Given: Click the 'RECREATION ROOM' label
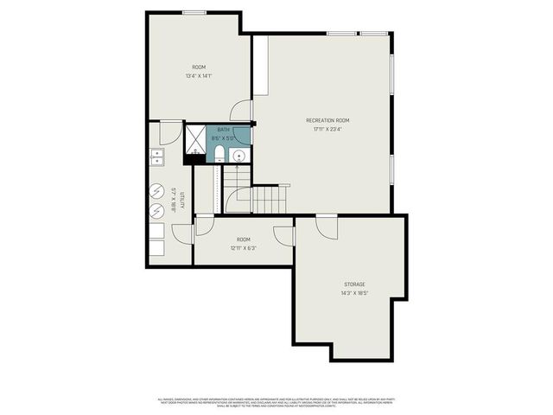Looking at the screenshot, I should (x=327, y=120).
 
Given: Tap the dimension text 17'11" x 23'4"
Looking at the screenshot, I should (x=327, y=130).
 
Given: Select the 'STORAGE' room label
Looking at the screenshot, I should (x=354, y=284).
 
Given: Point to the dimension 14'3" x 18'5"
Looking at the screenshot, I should (x=354, y=293).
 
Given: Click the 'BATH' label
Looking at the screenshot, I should (x=223, y=130).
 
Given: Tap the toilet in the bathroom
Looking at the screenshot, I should (x=219, y=155).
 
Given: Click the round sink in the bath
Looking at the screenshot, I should (x=239, y=156).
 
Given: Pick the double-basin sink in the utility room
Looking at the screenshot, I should (x=157, y=156).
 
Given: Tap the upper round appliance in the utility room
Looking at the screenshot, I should (x=156, y=192).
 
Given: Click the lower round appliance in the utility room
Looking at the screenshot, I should (x=156, y=211).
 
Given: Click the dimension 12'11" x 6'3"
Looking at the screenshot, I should (x=244, y=248).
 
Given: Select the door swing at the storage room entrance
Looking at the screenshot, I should (x=326, y=227).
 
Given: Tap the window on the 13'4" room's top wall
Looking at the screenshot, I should (x=194, y=12).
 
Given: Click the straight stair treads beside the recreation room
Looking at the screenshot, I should (x=270, y=201).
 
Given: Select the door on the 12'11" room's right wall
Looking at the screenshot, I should (x=284, y=235).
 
